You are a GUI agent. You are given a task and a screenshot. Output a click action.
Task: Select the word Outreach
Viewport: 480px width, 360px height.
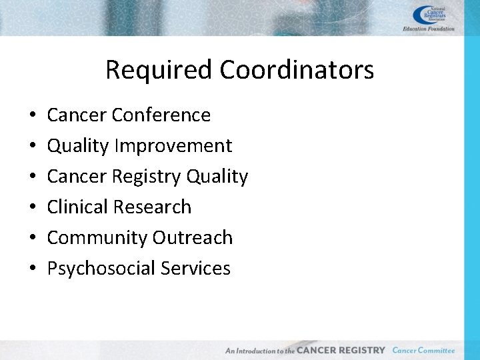click(x=193, y=238)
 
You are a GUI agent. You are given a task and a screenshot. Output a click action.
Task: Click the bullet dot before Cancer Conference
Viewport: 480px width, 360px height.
click(x=33, y=116)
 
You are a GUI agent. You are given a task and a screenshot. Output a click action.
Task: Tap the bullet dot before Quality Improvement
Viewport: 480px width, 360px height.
click(x=33, y=147)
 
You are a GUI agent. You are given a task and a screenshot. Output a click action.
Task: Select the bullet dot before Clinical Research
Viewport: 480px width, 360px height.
click(x=33, y=208)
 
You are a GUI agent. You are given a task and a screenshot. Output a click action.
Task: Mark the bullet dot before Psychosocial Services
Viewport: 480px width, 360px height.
click(x=33, y=269)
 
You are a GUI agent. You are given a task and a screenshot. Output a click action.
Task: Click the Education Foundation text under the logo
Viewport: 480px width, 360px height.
click(x=429, y=29)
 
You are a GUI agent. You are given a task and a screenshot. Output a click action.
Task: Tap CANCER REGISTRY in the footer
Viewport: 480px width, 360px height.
click(x=341, y=350)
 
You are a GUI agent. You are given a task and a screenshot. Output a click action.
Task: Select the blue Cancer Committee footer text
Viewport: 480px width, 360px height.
click(x=423, y=350)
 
